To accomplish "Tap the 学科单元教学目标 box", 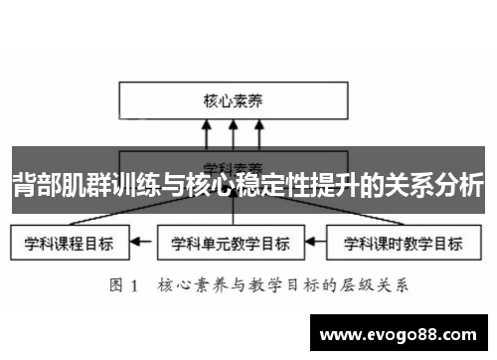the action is (231, 242).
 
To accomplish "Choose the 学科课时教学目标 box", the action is (401, 242).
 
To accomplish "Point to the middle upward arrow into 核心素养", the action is (232, 133).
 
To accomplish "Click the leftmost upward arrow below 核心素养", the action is (207, 133).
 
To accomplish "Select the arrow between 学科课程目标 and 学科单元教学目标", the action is (145, 242).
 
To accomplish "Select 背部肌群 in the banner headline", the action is (51, 186).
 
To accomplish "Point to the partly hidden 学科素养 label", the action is (232, 165).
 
